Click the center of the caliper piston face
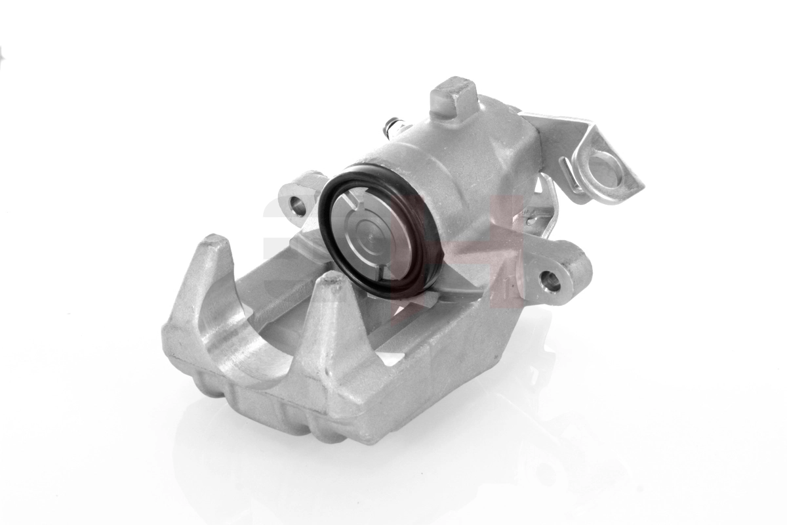[x=373, y=231]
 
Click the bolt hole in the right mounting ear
[x=550, y=281]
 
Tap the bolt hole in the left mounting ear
[x=298, y=205]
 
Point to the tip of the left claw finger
[x=214, y=243]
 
